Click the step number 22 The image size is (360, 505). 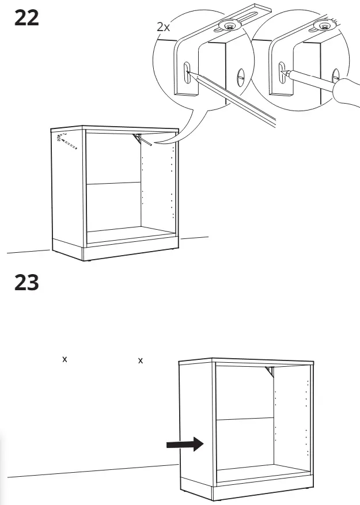pos(26,18)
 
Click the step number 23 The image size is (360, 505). pos(26,283)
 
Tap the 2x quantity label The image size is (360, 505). pos(163,26)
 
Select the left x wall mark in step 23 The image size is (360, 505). pos(65,359)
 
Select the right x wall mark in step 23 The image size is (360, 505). pos(140,360)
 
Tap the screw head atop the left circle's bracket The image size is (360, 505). pos(229,25)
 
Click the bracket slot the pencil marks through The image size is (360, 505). pos(187,73)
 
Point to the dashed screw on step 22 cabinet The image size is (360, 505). pos(67,142)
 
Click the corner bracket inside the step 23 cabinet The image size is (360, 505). pos(270,371)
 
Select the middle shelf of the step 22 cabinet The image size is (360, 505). pos(114,184)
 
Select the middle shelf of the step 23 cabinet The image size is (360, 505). pos(245,419)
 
